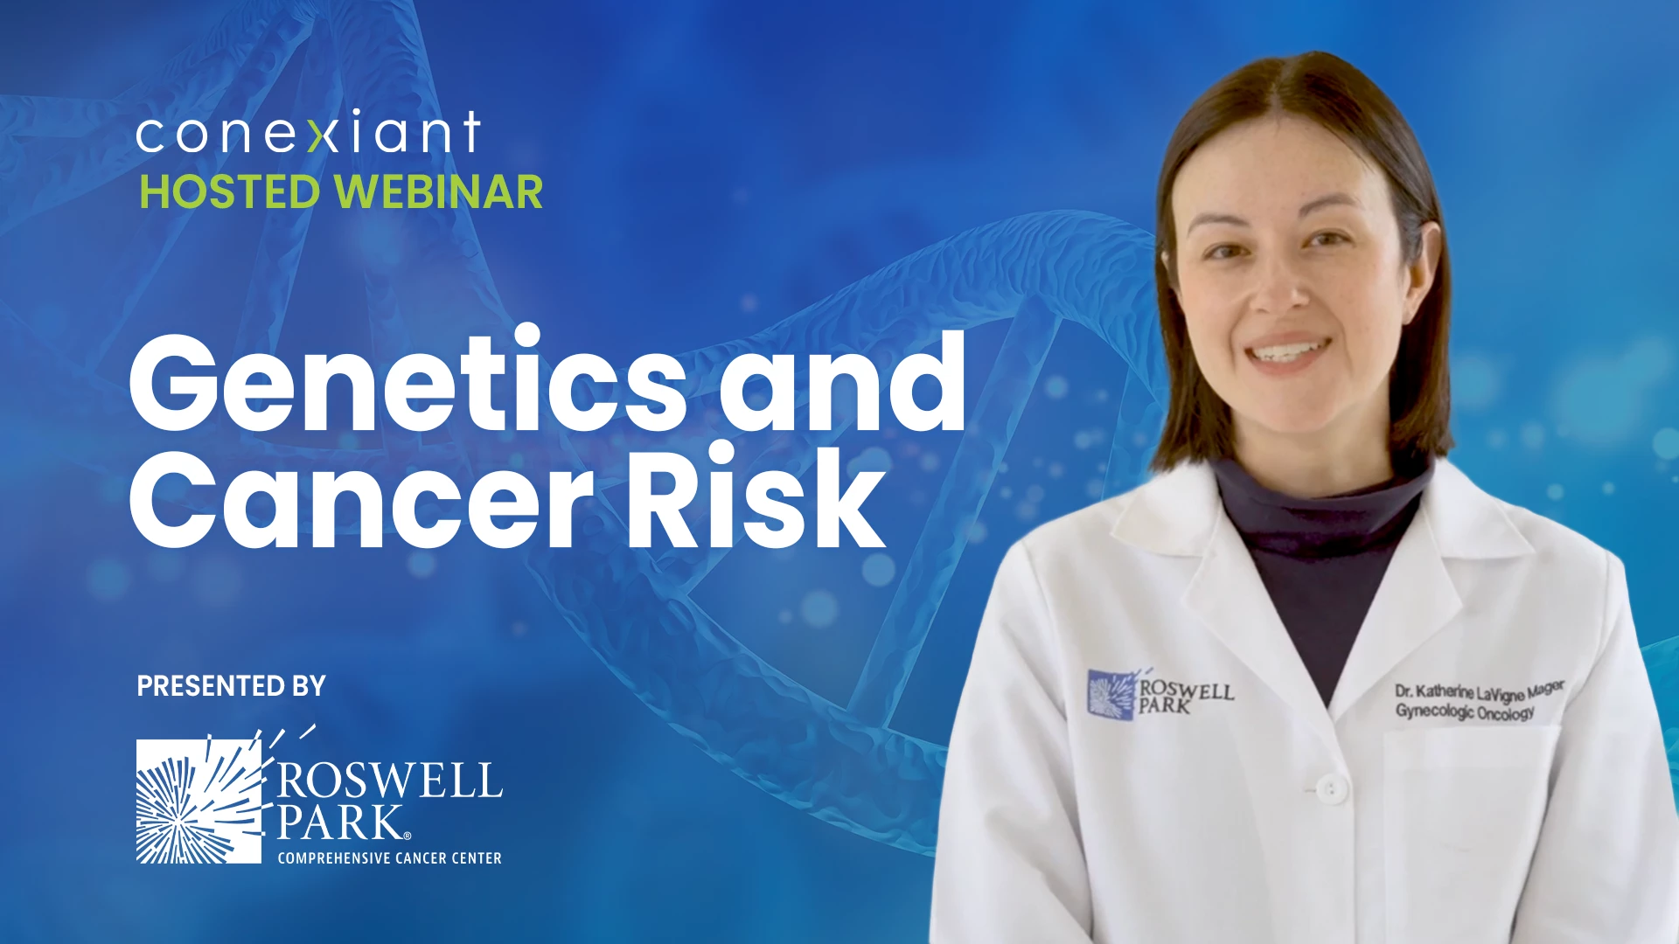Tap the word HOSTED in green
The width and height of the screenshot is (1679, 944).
point(230,191)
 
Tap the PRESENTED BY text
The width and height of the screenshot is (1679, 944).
point(231,686)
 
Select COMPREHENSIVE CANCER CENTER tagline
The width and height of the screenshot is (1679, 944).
point(390,858)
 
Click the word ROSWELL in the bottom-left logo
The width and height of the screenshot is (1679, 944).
point(390,780)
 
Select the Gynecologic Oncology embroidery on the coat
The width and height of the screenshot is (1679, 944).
point(1465,711)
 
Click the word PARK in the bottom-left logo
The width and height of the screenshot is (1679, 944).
point(339,823)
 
